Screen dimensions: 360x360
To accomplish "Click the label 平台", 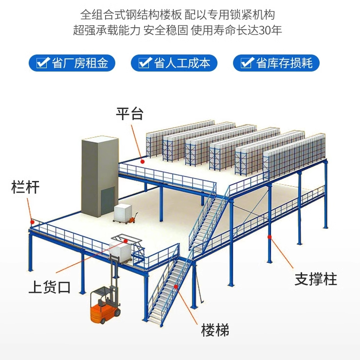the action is (129, 114).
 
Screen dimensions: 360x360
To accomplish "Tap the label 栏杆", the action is (25, 187).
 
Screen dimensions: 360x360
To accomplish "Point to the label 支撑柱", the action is (316, 279).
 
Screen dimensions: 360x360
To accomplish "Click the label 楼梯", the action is (215, 330).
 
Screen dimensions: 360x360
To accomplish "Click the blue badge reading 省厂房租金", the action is (72, 63).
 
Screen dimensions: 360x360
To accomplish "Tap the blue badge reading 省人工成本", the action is (174, 63).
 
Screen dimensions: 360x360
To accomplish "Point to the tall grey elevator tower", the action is (100, 175).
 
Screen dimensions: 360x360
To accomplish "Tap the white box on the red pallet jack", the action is (123, 213).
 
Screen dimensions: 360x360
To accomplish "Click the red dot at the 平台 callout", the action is (143, 161).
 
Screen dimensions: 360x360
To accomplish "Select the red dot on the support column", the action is (269, 237).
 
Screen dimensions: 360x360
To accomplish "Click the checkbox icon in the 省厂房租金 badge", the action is (44, 63).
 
